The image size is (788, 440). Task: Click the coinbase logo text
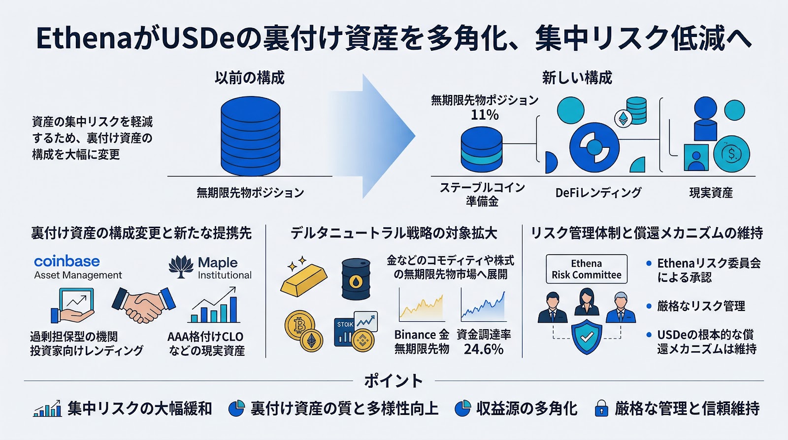pyautogui.click(x=67, y=261)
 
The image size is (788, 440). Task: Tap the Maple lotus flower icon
pyautogui.click(x=181, y=267)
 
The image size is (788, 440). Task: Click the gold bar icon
pyautogui.click(x=303, y=279)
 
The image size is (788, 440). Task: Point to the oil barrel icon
pyautogui.click(x=356, y=279)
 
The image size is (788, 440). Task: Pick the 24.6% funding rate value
pyautogui.click(x=484, y=349)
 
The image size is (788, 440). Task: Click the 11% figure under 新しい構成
pyautogui.click(x=485, y=115)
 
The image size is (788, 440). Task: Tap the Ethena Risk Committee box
pyautogui.click(x=587, y=269)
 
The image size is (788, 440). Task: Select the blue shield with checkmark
pyautogui.click(x=587, y=336)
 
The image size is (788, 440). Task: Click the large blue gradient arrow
pyautogui.click(x=379, y=136)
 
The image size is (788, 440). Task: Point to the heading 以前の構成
pyautogui.click(x=250, y=78)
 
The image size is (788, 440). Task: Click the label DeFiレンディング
pyautogui.click(x=598, y=193)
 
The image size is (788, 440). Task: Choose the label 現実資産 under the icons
pyautogui.click(x=711, y=193)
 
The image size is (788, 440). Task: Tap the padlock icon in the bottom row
pyautogui.click(x=601, y=408)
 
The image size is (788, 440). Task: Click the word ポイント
pyautogui.click(x=394, y=380)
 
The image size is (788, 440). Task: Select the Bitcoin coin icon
pyautogui.click(x=298, y=324)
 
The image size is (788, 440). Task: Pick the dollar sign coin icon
pyautogui.click(x=731, y=154)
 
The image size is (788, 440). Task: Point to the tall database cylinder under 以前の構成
pyautogui.click(x=250, y=136)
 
